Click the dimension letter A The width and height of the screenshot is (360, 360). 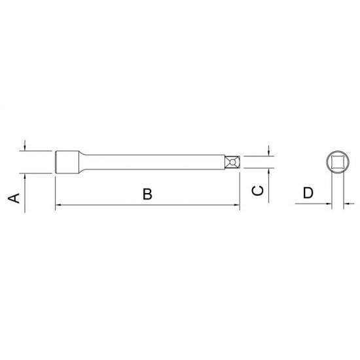(14, 198)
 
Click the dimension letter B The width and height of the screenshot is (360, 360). (147, 194)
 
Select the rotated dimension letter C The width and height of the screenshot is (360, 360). (258, 190)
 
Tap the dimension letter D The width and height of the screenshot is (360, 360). (308, 193)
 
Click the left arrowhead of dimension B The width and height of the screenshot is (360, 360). (58, 205)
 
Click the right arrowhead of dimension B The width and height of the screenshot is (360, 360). (237, 205)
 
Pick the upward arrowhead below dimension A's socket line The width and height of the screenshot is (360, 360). (25, 177)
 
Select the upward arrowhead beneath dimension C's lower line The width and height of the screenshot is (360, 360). (268, 171)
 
